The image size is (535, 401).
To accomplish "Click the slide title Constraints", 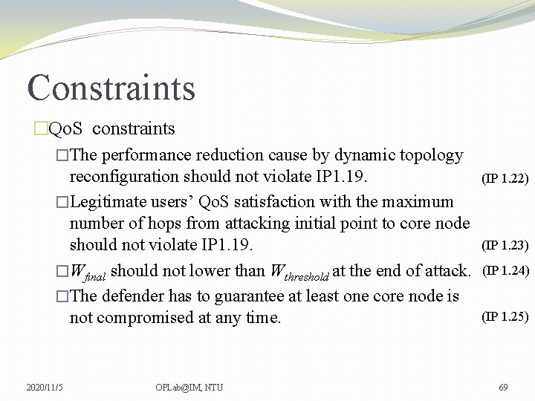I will pos(111,87).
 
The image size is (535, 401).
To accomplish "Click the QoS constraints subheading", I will pos(111,128).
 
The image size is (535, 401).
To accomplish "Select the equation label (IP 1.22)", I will pos(505,178).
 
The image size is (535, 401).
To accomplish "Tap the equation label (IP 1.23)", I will pos(505,245).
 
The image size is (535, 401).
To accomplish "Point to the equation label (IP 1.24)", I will pos(505,270).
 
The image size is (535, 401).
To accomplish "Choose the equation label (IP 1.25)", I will pos(505,316).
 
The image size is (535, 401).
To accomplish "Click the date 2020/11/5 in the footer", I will pos(45,387).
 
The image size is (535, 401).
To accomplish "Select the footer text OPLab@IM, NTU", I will pos(189,387).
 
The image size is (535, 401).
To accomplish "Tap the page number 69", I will pos(503,387).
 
